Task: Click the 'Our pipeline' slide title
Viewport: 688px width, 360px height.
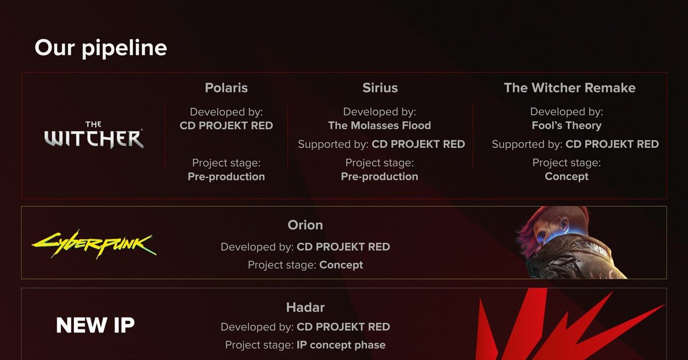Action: point(101,48)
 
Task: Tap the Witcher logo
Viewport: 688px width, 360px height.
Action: point(93,135)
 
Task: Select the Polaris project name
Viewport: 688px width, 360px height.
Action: point(226,88)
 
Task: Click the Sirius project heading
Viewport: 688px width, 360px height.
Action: point(380,88)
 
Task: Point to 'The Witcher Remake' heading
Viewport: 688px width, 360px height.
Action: point(570,88)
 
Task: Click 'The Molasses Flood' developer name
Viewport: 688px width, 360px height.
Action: point(380,126)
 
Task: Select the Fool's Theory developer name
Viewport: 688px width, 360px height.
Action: point(566,126)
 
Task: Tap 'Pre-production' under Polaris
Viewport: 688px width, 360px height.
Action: point(226,177)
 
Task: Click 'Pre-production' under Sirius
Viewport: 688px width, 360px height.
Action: point(380,177)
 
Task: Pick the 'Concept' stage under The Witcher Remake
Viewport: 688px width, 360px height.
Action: point(566,177)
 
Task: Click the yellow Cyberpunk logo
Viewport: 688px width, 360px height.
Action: point(94,244)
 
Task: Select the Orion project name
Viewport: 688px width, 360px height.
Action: point(305,225)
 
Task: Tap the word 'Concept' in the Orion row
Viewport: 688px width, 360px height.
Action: point(341,265)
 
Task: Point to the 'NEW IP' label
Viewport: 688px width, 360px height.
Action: point(95,325)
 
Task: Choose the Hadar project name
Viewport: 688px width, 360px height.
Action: point(305,307)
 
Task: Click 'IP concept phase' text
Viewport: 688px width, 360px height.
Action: point(341,345)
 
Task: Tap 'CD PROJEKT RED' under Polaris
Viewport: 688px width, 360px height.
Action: point(226,126)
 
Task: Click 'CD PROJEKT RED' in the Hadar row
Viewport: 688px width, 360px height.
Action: point(343,327)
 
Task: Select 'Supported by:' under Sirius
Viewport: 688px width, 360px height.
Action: point(333,144)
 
